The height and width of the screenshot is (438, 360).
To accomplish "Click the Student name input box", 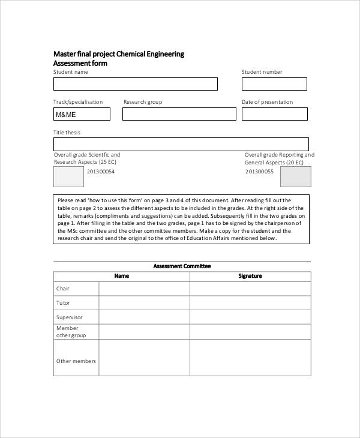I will click(x=136, y=84).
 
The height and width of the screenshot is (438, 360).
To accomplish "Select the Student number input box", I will click(x=274, y=84).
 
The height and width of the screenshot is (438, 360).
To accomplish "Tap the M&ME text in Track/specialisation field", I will click(x=65, y=115).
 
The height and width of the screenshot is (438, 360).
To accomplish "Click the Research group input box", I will click(x=177, y=114).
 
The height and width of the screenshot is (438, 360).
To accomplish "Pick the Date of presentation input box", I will click(x=274, y=114).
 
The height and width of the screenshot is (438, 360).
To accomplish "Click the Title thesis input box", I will click(x=181, y=144).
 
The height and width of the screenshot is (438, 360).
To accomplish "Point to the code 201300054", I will click(x=100, y=172).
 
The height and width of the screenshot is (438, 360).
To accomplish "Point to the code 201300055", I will click(x=259, y=172).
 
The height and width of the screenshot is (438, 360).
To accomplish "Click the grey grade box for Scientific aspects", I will click(x=69, y=176).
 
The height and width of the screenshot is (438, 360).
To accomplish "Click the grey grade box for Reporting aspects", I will click(x=296, y=176).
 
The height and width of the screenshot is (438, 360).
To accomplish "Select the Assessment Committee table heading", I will click(x=182, y=266).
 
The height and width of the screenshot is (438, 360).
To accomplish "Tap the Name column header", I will click(x=122, y=276).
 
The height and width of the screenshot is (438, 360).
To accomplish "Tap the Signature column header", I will click(x=250, y=276).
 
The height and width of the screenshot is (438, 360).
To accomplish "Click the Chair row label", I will click(x=63, y=289).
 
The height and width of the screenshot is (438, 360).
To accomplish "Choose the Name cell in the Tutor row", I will click(x=144, y=303).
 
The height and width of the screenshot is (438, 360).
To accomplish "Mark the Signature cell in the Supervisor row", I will click(x=250, y=317).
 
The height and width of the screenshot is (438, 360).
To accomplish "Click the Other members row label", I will click(x=76, y=361).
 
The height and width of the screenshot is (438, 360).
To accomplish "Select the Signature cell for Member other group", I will click(x=250, y=332).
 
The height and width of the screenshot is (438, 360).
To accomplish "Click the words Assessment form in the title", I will click(x=80, y=63).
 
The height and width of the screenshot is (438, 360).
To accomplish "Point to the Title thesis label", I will click(x=67, y=132).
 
